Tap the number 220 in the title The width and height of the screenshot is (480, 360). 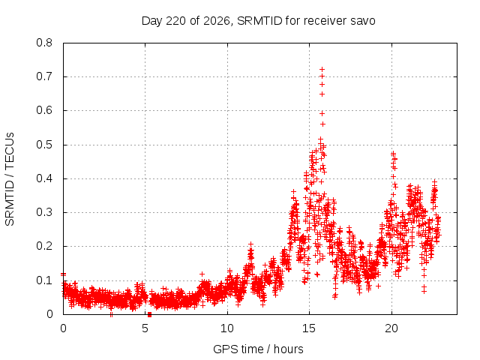point(175,21)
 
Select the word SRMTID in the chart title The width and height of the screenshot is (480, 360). point(259,21)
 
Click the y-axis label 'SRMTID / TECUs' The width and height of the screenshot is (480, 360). point(10,179)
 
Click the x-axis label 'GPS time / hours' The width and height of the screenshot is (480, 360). point(258,349)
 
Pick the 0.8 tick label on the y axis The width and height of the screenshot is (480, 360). point(44,43)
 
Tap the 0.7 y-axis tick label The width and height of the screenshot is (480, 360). point(44,76)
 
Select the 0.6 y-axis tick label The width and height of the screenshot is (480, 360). point(44,110)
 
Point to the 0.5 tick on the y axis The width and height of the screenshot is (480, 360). point(44,145)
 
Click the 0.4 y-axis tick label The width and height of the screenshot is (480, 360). point(44,178)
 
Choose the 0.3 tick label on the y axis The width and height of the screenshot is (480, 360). point(44,212)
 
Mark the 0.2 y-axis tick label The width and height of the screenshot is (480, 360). point(44,246)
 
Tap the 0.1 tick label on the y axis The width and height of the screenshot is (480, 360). point(44,280)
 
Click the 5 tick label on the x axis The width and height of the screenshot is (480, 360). point(145,328)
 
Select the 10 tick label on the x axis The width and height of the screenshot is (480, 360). point(227,328)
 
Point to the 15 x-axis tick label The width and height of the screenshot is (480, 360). point(309,328)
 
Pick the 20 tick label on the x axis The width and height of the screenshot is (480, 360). point(391,328)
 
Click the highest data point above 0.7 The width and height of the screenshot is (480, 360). point(322,70)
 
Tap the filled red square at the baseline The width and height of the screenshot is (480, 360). point(149,314)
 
